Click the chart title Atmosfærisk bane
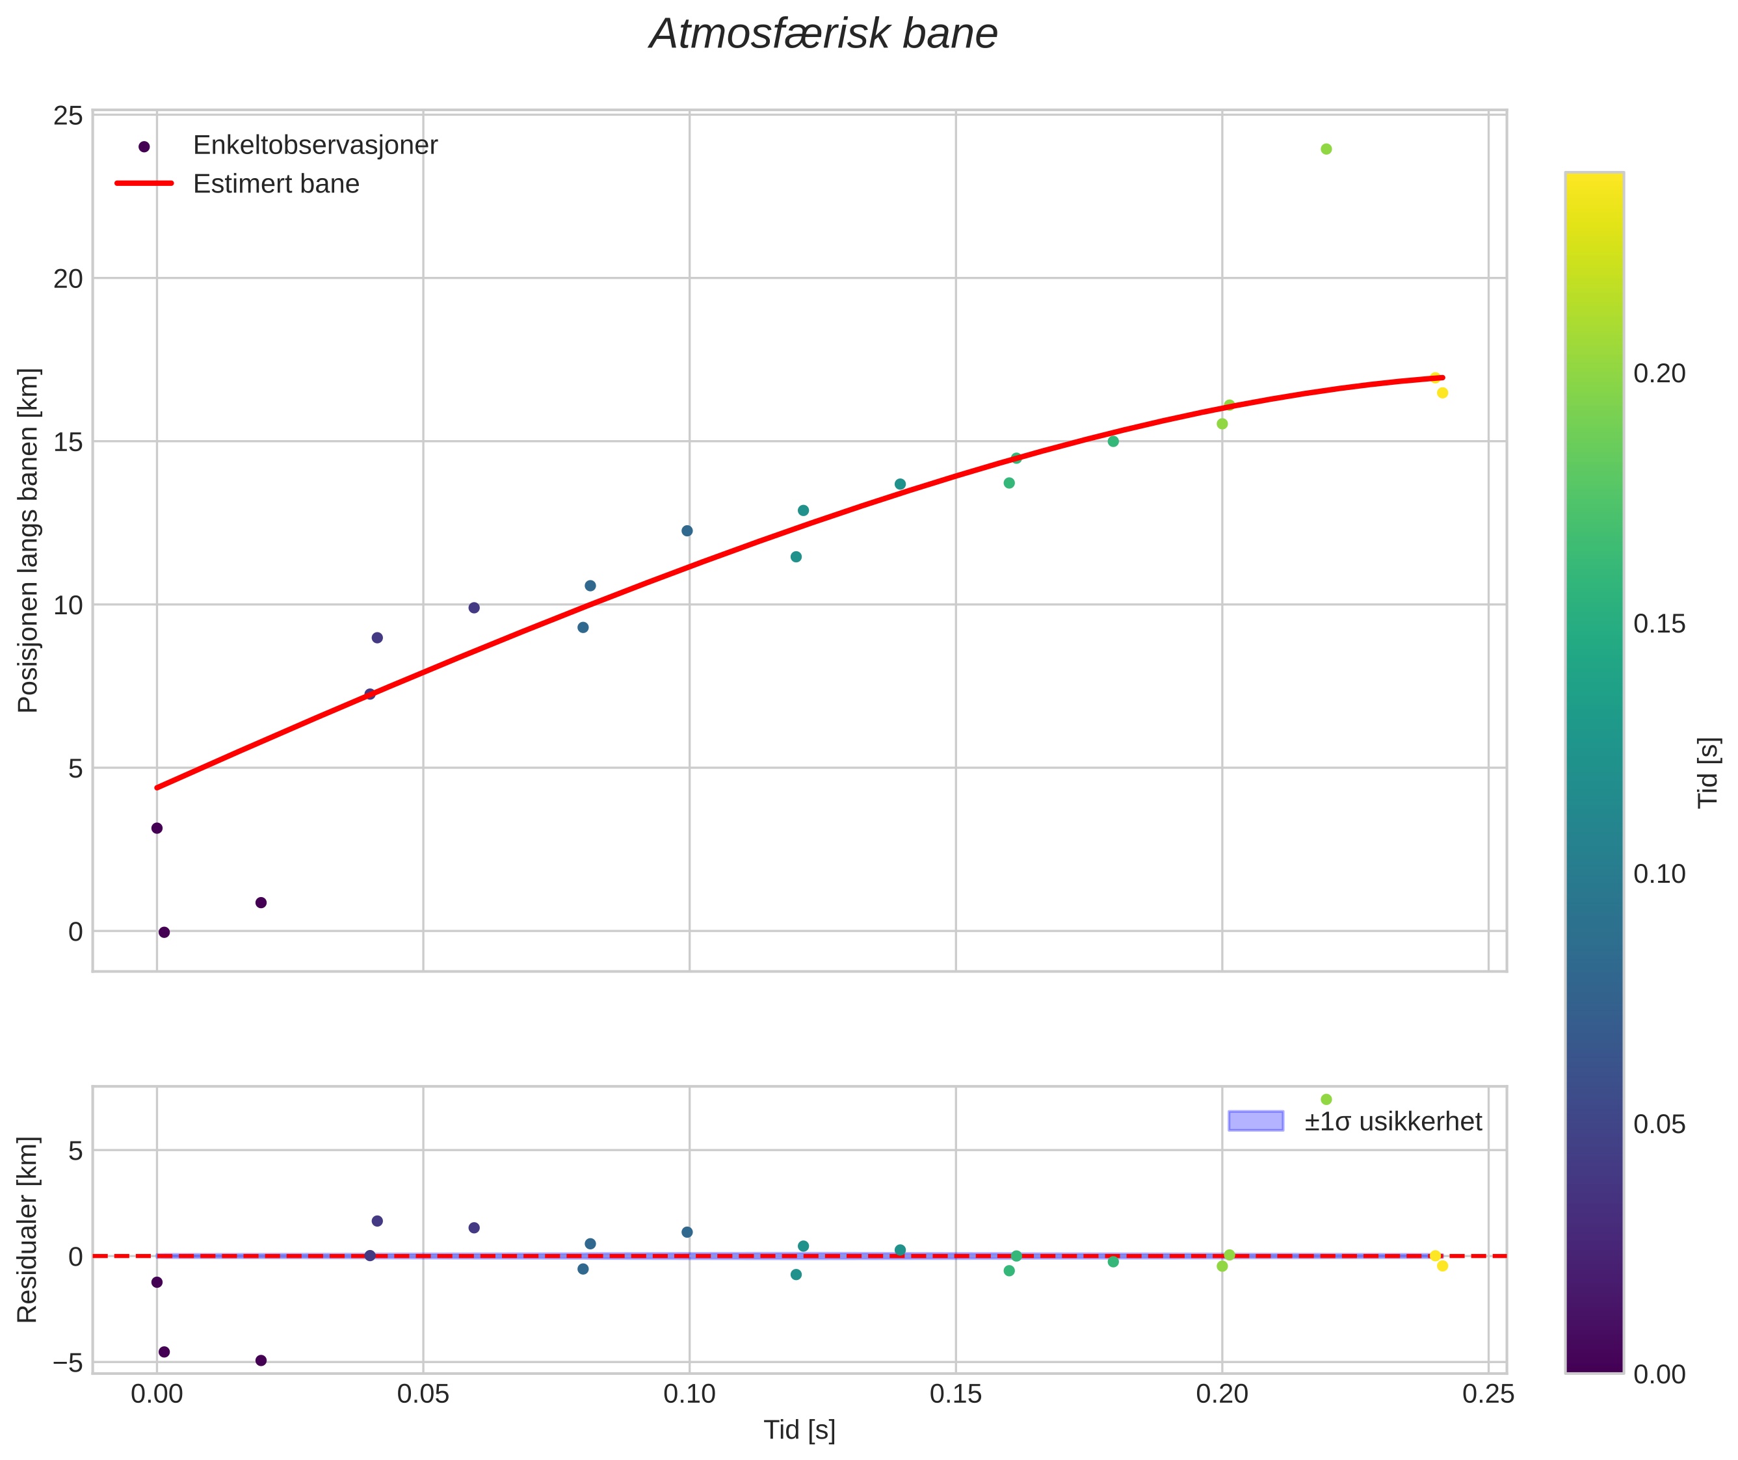(x=823, y=34)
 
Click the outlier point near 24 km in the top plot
(x=1326, y=149)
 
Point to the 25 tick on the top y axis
(x=68, y=116)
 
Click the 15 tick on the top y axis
(x=68, y=442)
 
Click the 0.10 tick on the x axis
(x=689, y=1394)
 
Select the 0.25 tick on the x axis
(x=1488, y=1394)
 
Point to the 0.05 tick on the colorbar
(x=1659, y=1124)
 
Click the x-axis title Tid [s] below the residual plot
(x=799, y=1430)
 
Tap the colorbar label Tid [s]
(x=1707, y=772)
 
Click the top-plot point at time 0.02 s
(x=261, y=903)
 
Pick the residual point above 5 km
(x=1326, y=1099)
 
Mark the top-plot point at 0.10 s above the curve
(x=687, y=530)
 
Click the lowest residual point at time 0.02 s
(x=261, y=1361)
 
